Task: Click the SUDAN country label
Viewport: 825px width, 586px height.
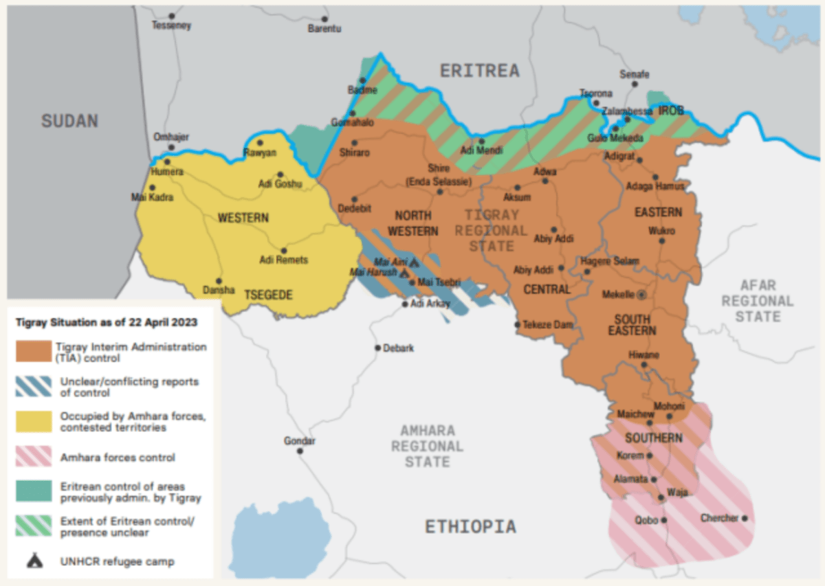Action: [69, 121]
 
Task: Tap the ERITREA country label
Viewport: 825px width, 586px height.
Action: [479, 70]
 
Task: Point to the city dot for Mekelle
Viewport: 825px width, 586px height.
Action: [642, 294]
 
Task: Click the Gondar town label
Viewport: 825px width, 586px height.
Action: [300, 440]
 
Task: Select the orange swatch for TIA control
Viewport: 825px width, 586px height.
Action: [34, 352]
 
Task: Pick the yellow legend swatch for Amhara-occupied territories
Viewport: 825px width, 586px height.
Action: [34, 421]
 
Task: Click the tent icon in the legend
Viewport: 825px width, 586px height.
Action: [34, 561]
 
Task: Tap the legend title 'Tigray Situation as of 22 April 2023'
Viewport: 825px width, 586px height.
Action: [107, 322]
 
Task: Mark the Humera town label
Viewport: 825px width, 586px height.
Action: [168, 172]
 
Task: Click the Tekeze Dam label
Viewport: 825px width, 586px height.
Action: [548, 325]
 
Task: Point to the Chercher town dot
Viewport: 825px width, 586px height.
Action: [744, 518]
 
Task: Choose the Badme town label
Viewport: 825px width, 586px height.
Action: [362, 90]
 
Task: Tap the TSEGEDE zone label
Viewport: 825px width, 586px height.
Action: [268, 295]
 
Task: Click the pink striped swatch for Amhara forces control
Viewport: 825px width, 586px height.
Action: [34, 457]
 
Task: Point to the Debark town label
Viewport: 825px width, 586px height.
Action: [399, 348]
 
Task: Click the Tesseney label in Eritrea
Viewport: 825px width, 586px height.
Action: [171, 25]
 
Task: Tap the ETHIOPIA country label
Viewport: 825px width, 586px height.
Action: [470, 527]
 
